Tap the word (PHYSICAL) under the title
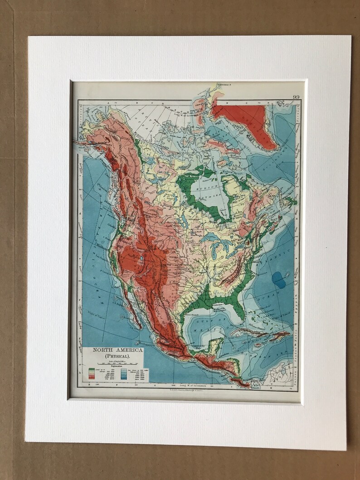(111, 357)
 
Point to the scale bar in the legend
(111, 365)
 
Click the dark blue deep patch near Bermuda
(279, 280)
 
